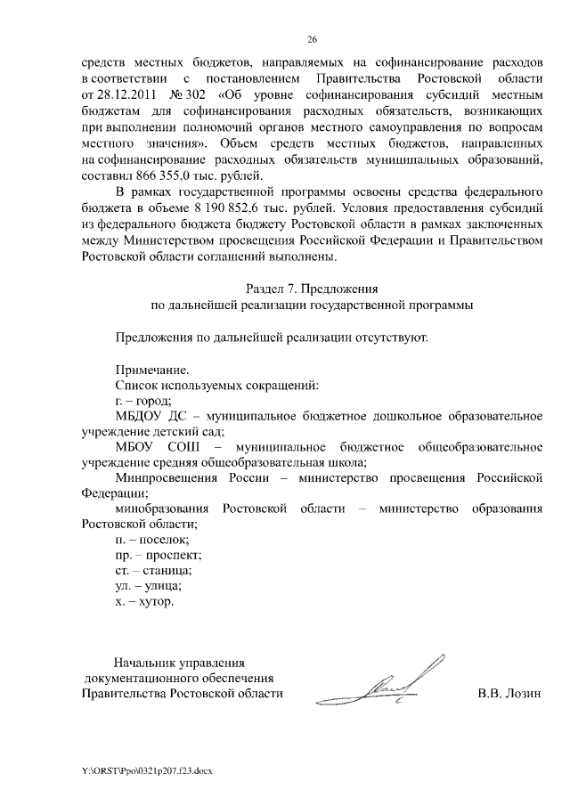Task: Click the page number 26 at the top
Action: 312,40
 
